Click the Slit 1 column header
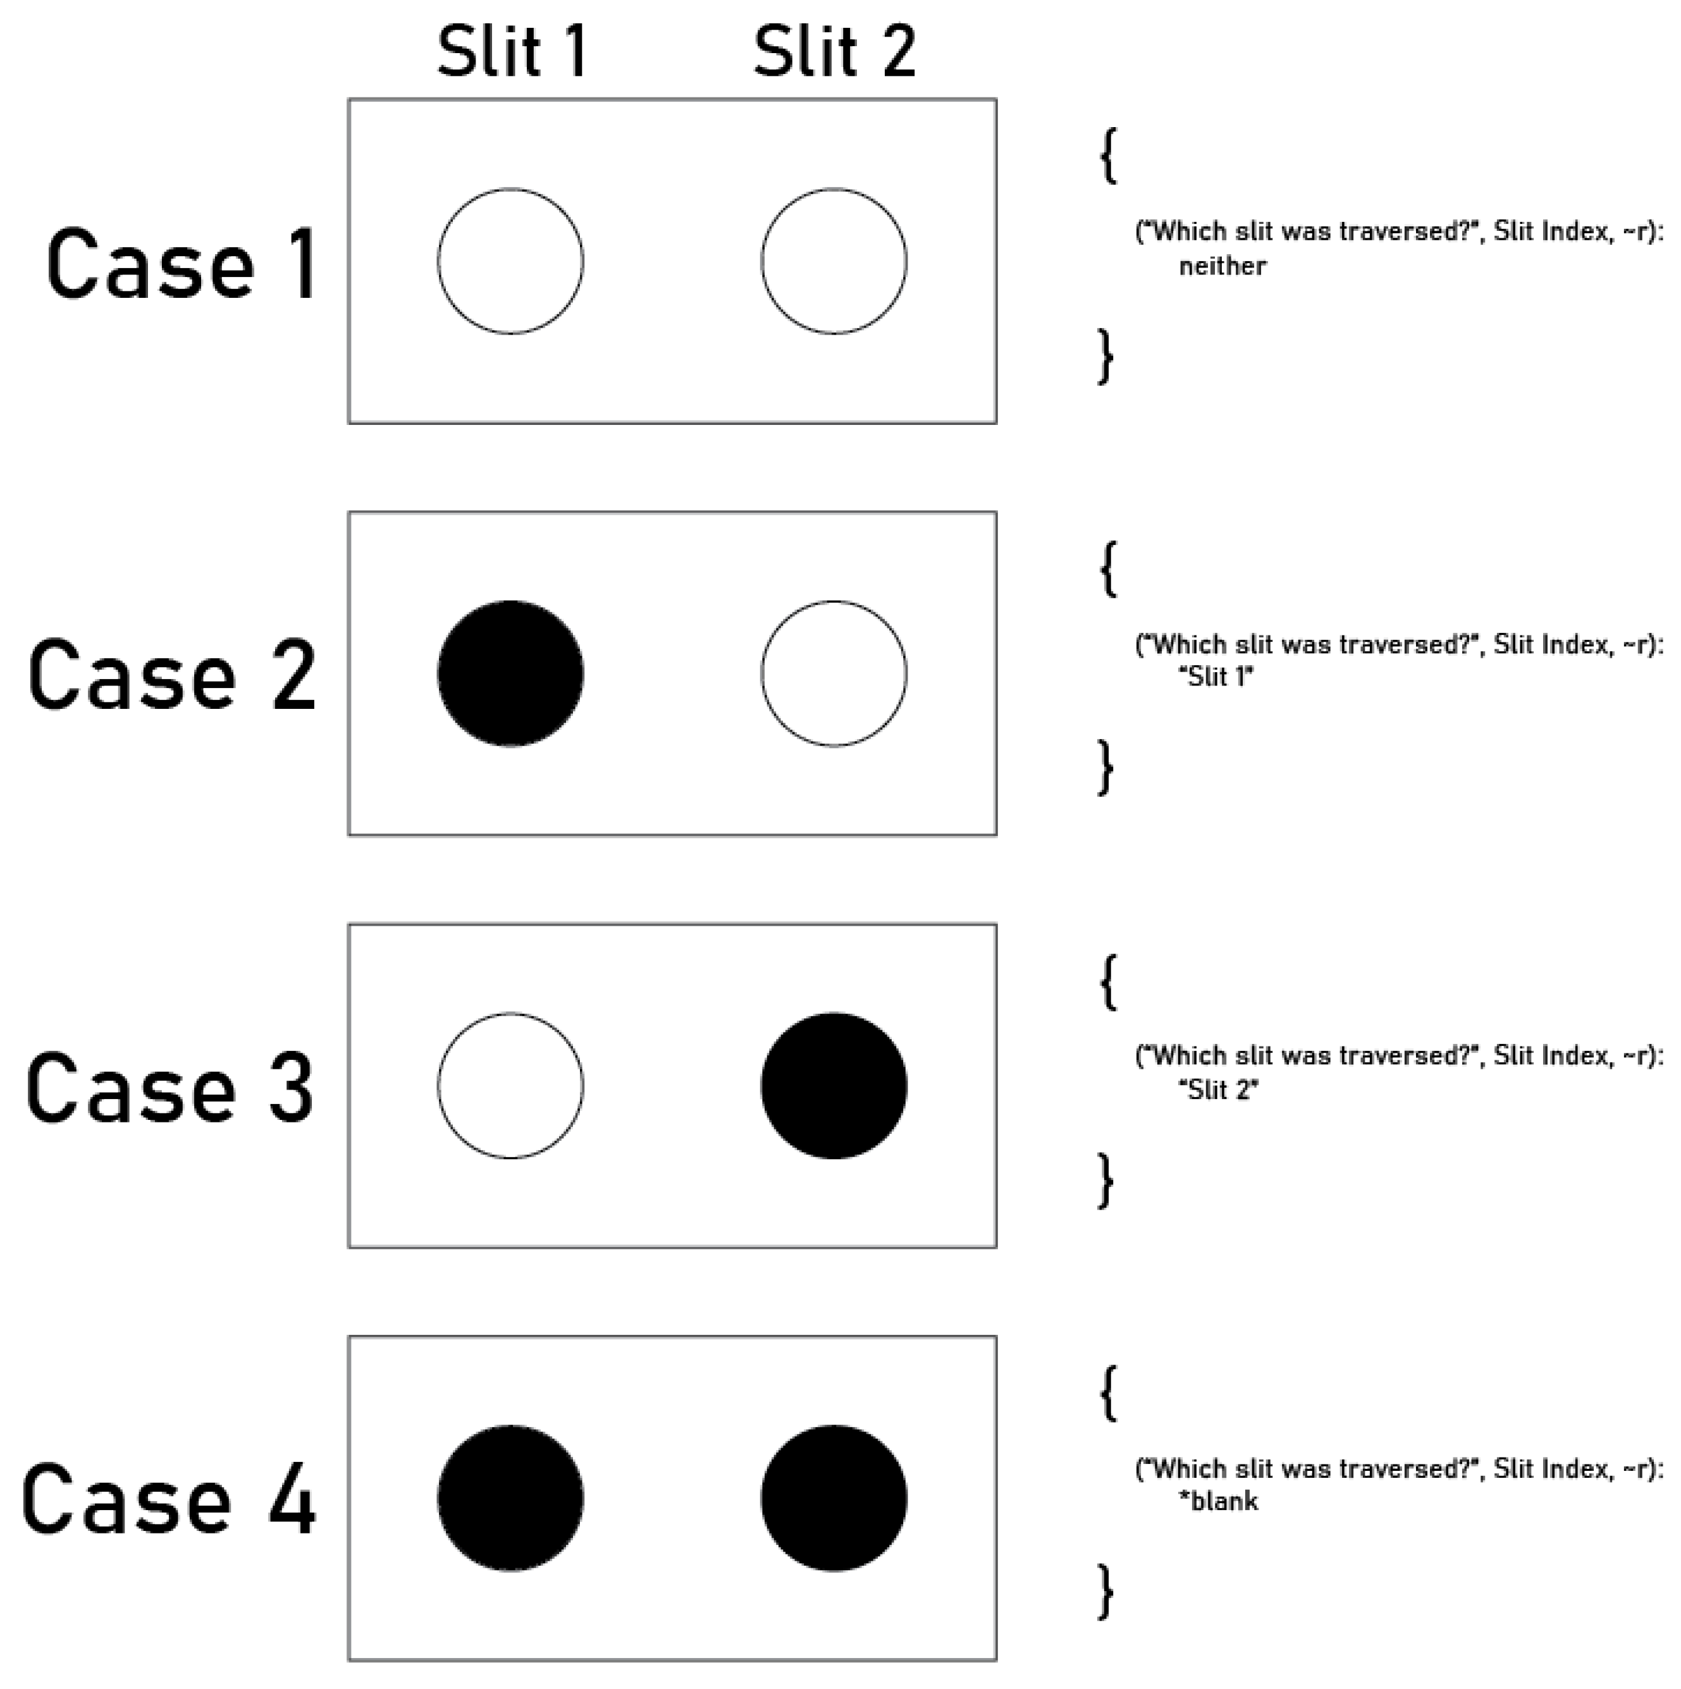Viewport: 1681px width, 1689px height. (512, 52)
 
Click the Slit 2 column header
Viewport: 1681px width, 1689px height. (834, 52)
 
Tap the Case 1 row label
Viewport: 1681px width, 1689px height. (182, 264)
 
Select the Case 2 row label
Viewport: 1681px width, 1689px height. (172, 676)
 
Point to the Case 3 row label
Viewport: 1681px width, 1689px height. (169, 1088)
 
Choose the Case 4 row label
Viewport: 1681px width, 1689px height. (168, 1501)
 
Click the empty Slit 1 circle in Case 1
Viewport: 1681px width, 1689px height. (510, 261)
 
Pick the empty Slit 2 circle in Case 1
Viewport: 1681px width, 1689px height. (834, 261)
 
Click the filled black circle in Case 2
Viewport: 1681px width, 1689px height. (510, 674)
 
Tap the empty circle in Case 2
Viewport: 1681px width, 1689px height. (834, 674)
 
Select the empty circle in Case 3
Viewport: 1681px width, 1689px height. (510, 1086)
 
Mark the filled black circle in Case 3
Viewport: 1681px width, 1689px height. (834, 1086)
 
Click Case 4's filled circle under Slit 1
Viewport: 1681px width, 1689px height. (510, 1499)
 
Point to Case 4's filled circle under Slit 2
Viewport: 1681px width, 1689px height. (834, 1499)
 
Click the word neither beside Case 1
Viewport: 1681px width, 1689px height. (1222, 266)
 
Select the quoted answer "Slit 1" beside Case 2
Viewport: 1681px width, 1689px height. (1216, 677)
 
